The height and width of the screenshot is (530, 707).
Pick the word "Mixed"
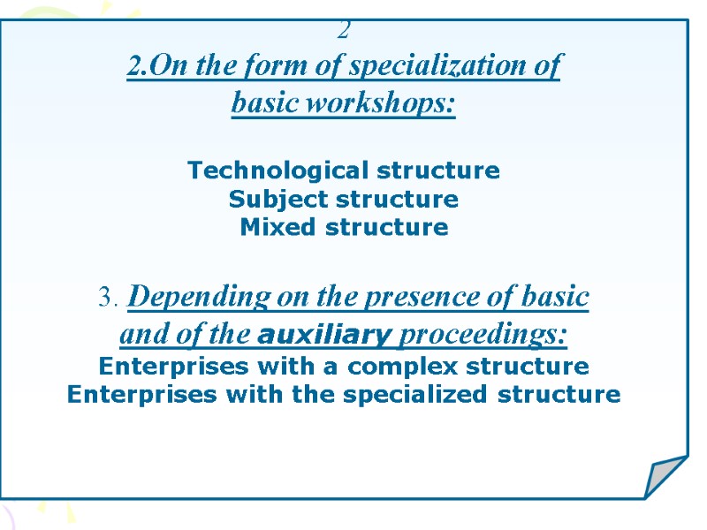tap(277, 227)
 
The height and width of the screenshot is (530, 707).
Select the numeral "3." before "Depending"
tap(110, 299)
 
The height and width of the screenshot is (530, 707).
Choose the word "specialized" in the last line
tap(412, 394)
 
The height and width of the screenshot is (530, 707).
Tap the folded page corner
tap(665, 477)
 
